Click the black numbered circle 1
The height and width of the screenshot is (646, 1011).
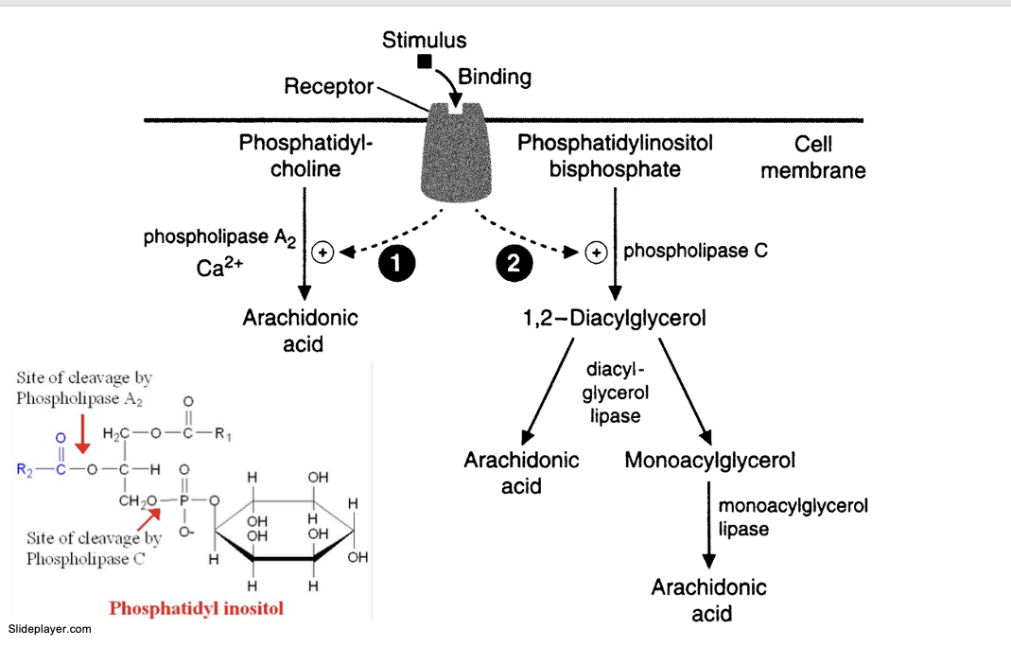pyautogui.click(x=396, y=264)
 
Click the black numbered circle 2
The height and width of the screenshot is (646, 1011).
pyautogui.click(x=514, y=264)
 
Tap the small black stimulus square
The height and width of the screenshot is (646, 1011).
pyautogui.click(x=425, y=61)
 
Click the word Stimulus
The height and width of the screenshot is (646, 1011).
pyautogui.click(x=424, y=40)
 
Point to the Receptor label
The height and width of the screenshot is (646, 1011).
pyautogui.click(x=328, y=87)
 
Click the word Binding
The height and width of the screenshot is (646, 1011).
pyautogui.click(x=495, y=77)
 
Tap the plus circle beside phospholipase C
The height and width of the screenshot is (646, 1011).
pyautogui.click(x=596, y=253)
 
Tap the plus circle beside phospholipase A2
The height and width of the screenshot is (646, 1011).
pyautogui.click(x=322, y=253)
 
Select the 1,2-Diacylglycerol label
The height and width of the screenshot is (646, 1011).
pyautogui.click(x=614, y=318)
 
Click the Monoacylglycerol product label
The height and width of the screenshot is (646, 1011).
pyautogui.click(x=709, y=461)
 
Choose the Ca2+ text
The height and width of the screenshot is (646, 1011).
pyautogui.click(x=219, y=269)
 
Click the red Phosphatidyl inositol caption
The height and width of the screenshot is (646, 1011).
pyautogui.click(x=196, y=608)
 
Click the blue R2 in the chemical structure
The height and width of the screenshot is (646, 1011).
pyautogui.click(x=25, y=468)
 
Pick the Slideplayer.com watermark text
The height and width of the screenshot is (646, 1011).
pyautogui.click(x=49, y=629)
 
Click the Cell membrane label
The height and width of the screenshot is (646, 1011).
pyautogui.click(x=812, y=157)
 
